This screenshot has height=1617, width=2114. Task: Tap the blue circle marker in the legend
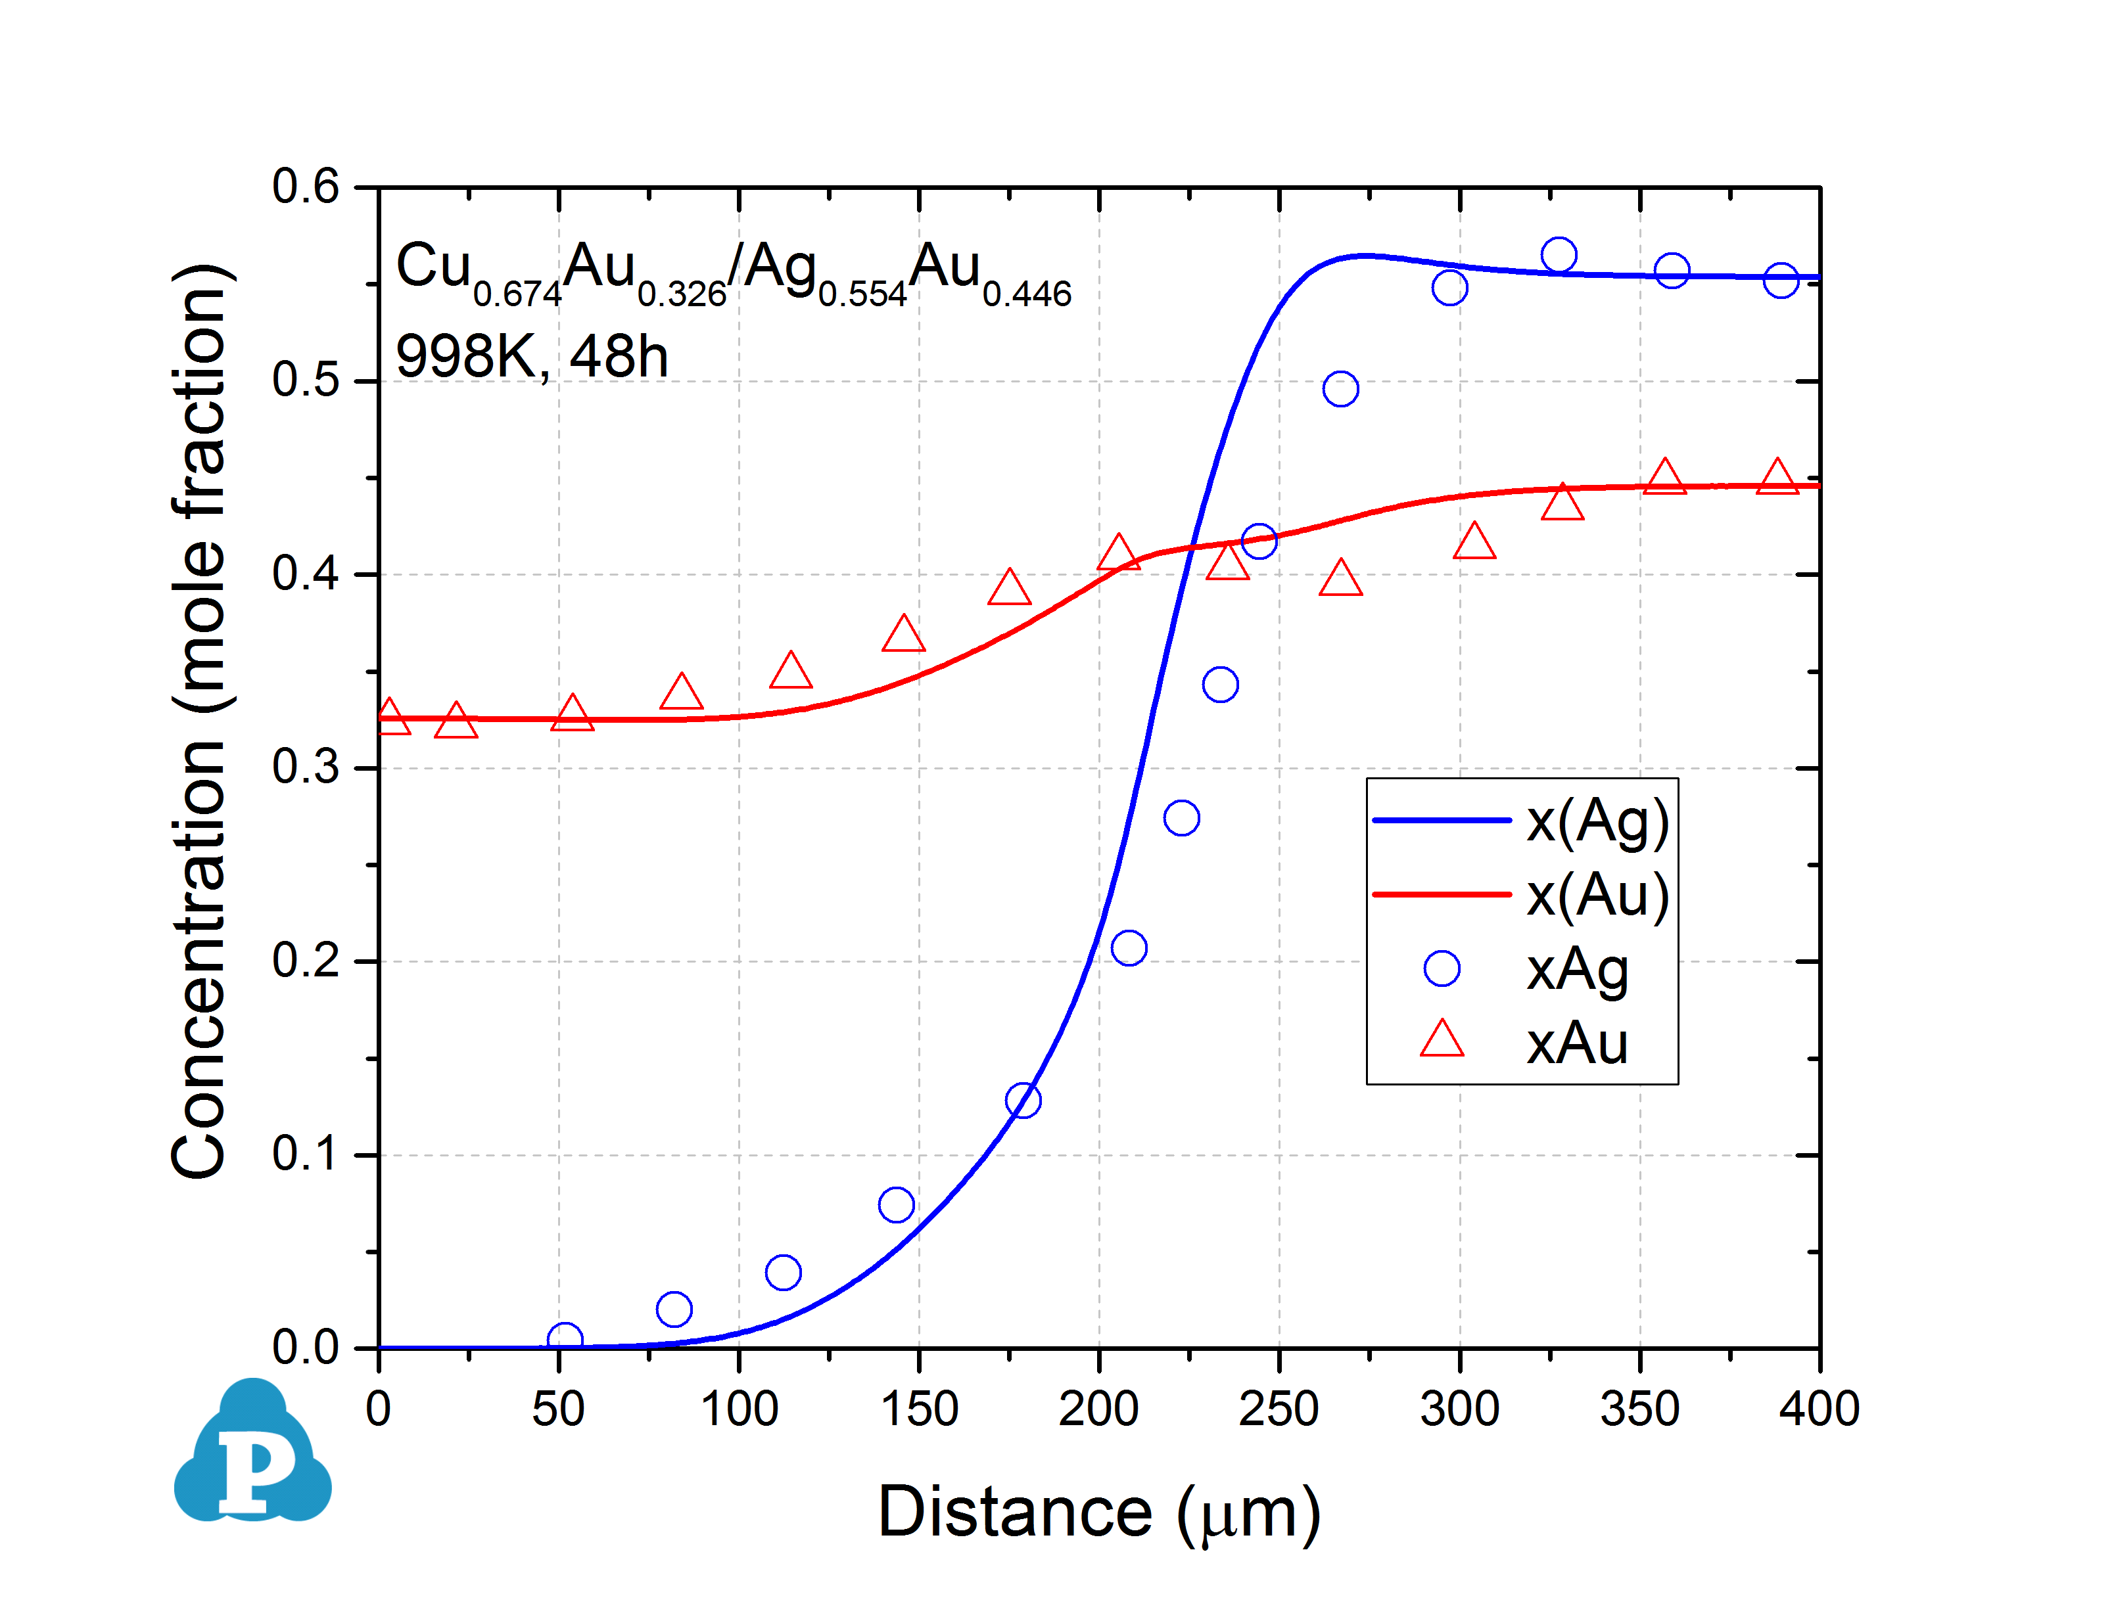pos(1441,968)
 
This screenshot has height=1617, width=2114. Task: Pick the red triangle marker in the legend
pos(1441,1041)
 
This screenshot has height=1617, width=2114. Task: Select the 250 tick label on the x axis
pos(1279,1409)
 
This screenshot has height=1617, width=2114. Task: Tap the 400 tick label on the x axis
pos(1818,1409)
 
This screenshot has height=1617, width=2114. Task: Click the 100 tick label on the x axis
pos(738,1409)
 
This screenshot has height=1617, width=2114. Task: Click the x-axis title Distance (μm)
pos(1098,1513)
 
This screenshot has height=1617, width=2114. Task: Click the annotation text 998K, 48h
pos(531,357)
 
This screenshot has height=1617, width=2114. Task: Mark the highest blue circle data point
pos(1558,255)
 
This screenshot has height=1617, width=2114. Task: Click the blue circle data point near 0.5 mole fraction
pos(1340,389)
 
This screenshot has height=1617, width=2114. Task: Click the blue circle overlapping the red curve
pos(1258,541)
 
